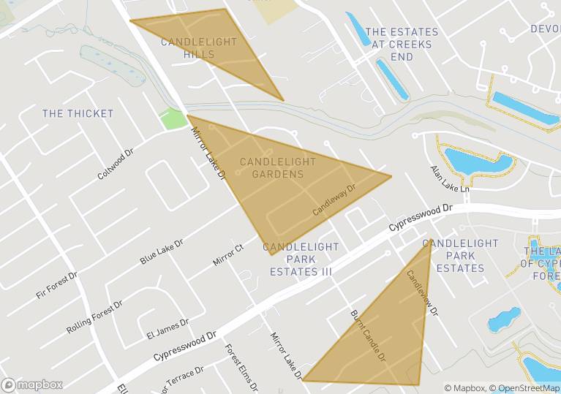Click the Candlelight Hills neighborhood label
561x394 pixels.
pos(189,48)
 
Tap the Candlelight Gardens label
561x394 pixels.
pos(278,168)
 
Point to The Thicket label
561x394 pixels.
pos(78,113)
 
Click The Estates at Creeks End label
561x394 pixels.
pos(402,44)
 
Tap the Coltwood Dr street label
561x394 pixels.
pos(116,165)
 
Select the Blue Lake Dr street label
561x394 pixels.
pos(161,251)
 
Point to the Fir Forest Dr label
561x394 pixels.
pos(56,284)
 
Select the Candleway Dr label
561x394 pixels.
pos(334,200)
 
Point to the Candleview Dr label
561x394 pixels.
pos(422,292)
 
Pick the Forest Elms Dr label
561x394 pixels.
pos(241,368)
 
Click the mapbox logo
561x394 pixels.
pos(33,384)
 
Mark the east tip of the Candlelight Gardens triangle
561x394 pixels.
pos(391,175)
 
